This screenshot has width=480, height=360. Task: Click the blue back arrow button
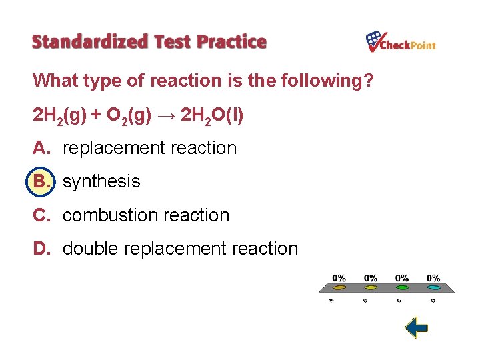416,327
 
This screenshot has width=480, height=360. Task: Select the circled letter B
41,181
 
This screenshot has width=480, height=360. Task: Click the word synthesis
101,181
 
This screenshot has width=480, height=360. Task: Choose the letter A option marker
41,148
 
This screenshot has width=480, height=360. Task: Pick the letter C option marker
41,215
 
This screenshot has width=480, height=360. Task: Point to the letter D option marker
41,249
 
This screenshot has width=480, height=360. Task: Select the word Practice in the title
231,42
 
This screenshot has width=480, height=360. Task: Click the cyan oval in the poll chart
433,288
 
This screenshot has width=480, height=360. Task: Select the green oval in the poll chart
402,288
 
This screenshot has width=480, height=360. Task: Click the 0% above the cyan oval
433,278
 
